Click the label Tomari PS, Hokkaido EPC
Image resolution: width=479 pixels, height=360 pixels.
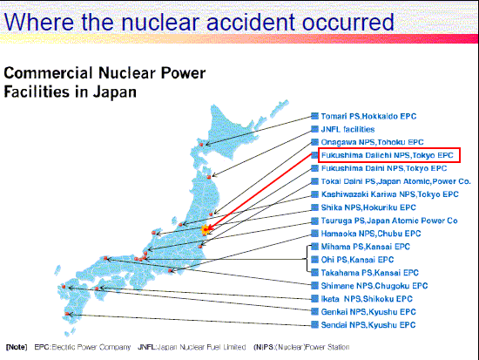[x=368, y=117]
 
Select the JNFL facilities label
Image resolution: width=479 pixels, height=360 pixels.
[x=347, y=129]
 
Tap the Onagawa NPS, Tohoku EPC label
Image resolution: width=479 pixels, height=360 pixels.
[x=372, y=142]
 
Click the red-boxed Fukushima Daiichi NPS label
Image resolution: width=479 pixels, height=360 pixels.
[x=387, y=155]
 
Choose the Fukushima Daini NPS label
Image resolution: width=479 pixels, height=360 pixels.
[x=384, y=168]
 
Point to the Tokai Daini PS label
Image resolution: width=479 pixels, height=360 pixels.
[x=395, y=181]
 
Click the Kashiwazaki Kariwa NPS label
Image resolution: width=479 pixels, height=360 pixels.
[x=389, y=194]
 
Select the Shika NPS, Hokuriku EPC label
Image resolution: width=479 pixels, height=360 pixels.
[x=368, y=207]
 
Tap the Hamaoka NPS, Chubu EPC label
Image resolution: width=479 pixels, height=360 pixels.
[x=371, y=234]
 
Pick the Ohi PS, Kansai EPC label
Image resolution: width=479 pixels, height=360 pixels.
[x=357, y=260]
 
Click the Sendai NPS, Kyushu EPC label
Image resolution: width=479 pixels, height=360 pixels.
[x=368, y=325]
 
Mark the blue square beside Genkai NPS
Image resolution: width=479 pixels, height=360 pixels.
[x=314, y=312]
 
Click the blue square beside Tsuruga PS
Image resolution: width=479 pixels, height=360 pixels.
[x=314, y=221]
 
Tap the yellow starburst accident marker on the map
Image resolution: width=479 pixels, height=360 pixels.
[x=206, y=229]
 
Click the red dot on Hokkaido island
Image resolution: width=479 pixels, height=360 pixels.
[x=201, y=145]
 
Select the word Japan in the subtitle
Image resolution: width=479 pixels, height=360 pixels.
[x=115, y=92]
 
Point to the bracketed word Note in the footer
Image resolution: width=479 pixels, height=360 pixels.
[x=17, y=347]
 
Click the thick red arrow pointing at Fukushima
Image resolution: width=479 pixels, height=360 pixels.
[x=260, y=192]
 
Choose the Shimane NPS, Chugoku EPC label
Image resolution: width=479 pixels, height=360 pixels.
[x=374, y=286]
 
